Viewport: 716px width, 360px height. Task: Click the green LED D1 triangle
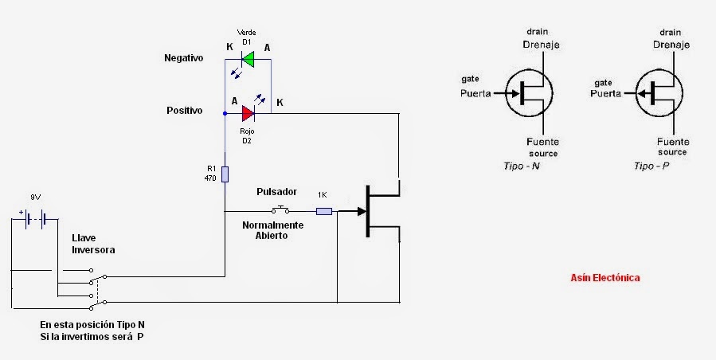click(x=248, y=58)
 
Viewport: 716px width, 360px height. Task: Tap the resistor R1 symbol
click(x=225, y=174)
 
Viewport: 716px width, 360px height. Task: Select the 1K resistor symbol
click(x=324, y=211)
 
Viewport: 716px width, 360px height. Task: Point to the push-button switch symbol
click(x=280, y=210)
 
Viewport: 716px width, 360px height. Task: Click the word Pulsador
click(x=276, y=193)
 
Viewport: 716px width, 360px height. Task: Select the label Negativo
click(x=184, y=59)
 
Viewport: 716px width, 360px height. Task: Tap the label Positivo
click(x=185, y=110)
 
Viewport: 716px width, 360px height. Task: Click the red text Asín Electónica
click(x=605, y=278)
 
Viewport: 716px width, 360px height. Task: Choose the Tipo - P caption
click(x=651, y=166)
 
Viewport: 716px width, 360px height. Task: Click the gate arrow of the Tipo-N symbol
click(x=511, y=93)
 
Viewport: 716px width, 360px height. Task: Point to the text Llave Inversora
click(x=93, y=244)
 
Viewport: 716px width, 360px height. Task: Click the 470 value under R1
click(x=211, y=179)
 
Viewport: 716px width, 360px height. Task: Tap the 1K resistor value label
click(x=323, y=195)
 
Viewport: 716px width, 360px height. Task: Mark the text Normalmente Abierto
click(x=272, y=230)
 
